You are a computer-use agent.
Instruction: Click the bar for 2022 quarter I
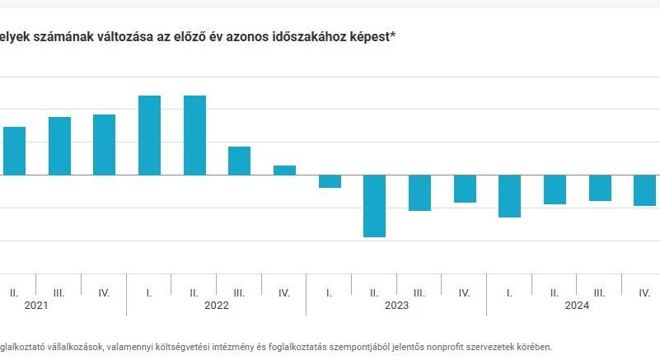[149, 135]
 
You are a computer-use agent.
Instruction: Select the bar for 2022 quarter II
[194, 135]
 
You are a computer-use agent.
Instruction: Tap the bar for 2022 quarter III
[239, 161]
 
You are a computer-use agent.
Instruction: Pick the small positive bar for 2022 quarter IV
[284, 170]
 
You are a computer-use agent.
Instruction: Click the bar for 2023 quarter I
[330, 181]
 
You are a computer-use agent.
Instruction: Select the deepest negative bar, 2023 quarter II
[375, 206]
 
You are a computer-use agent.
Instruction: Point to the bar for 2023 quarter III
[419, 193]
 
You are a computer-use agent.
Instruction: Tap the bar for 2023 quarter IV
[465, 189]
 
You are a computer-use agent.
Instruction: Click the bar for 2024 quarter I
[509, 196]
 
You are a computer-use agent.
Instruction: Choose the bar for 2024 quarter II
[555, 189]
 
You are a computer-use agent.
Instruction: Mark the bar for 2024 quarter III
[600, 188]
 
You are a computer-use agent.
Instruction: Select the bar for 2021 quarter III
[59, 146]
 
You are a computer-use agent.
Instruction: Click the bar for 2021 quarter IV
[104, 144]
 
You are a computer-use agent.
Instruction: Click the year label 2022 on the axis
[217, 305]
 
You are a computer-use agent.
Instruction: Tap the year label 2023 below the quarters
[396, 305]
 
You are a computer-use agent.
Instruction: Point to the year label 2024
[577, 305]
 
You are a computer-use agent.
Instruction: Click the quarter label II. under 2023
[374, 292]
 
